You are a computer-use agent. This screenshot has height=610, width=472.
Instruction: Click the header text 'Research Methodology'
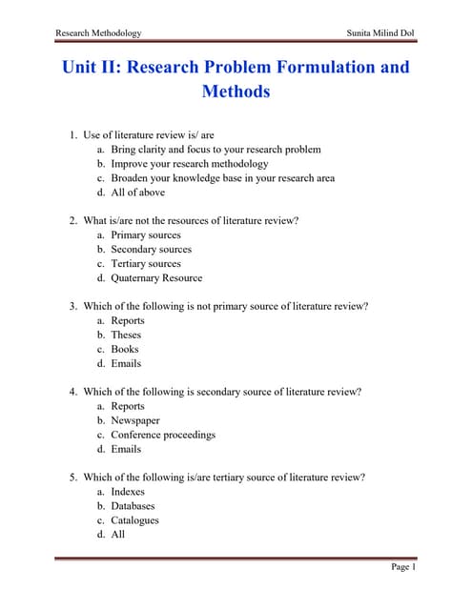pos(98,33)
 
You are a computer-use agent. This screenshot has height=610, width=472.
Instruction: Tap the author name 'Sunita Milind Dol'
pos(382,33)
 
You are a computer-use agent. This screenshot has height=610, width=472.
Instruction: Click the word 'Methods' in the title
pos(236,92)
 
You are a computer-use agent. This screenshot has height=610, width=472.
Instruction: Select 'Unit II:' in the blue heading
pos(92,68)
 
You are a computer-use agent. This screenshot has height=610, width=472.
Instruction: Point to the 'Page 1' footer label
pos(403,567)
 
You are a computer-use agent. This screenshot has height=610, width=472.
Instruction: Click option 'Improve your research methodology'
pos(190,164)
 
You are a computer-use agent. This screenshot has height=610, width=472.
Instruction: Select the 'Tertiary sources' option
pos(146,264)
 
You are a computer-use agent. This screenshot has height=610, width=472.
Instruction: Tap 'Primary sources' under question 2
pos(146,235)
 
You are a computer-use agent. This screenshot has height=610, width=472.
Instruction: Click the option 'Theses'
pos(126,335)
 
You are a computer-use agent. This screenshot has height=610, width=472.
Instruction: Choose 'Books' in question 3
pos(125,349)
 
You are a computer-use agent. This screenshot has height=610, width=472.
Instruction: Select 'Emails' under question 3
pos(126,363)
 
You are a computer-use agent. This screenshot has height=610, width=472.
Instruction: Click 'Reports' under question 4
pos(128,406)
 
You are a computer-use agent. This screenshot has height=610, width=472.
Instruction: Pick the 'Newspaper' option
pos(135,420)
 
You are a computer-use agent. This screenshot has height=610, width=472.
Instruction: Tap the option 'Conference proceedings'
pos(163,435)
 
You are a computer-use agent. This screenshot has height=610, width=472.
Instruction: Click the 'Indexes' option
pos(129,492)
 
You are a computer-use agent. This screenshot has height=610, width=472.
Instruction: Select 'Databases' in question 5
pos(133,506)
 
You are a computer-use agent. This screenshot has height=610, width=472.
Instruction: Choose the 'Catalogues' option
pos(135,520)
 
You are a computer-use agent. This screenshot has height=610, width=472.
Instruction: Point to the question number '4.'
pos(73,392)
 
